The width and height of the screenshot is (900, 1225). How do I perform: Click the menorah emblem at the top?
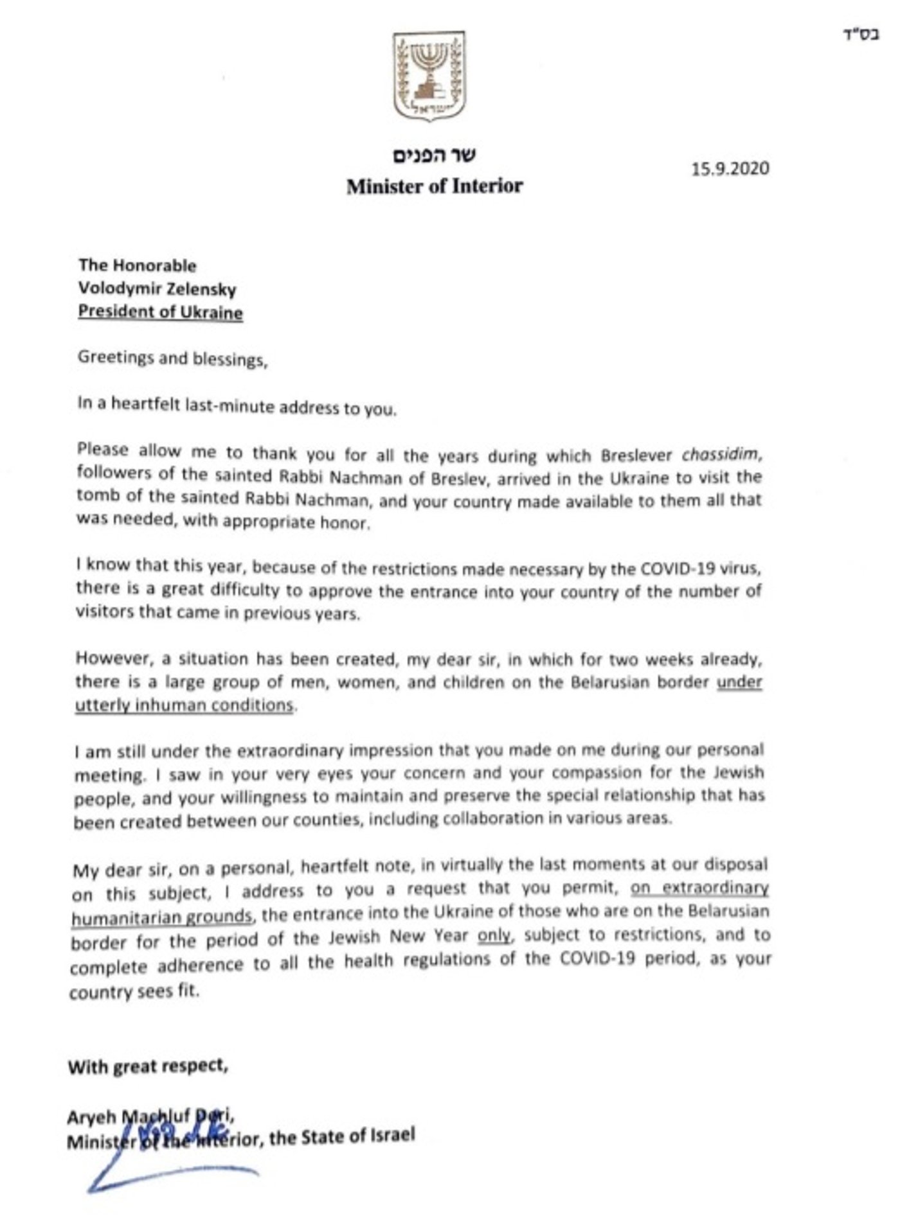(x=429, y=77)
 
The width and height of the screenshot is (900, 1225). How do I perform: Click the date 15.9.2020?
(x=730, y=168)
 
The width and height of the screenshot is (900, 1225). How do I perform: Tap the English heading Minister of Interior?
(x=435, y=186)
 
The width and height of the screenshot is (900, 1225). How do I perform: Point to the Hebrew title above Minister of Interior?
(x=435, y=155)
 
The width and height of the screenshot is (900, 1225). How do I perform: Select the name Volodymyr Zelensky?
(x=157, y=288)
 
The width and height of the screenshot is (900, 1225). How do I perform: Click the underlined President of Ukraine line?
(x=160, y=312)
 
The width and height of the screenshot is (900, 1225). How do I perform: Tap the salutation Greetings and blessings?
(x=172, y=358)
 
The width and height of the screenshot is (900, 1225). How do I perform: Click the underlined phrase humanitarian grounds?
(x=161, y=916)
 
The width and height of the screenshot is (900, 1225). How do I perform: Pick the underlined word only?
(x=494, y=935)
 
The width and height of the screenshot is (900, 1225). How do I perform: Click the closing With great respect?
(x=147, y=1067)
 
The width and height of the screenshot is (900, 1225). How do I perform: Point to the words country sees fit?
(x=134, y=991)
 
